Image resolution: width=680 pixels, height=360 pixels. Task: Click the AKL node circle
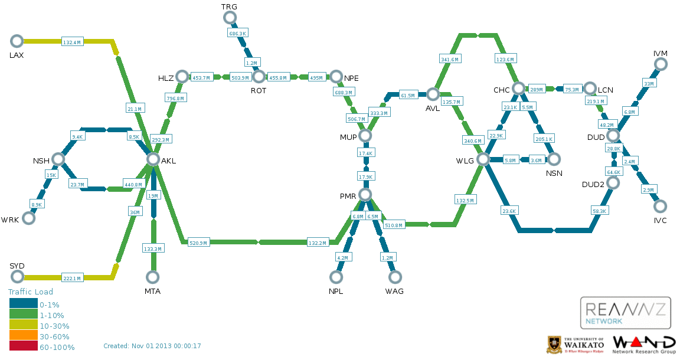click(153, 159)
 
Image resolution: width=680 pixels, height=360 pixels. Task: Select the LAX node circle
click(17, 41)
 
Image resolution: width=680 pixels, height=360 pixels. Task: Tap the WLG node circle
click(483, 159)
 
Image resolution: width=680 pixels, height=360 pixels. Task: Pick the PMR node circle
click(365, 195)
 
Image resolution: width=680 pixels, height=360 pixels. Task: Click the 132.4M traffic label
click(72, 42)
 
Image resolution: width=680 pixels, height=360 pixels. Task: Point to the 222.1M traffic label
click(72, 278)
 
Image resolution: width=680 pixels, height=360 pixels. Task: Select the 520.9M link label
click(198, 243)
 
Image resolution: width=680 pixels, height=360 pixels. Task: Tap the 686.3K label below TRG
click(237, 34)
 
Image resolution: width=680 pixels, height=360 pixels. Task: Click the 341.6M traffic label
click(450, 59)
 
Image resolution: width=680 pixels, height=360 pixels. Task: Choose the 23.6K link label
click(509, 211)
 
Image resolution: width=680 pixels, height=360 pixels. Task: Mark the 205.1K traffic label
click(544, 139)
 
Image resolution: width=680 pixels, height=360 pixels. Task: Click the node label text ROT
click(259, 91)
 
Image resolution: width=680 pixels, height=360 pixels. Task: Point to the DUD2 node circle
click(613, 183)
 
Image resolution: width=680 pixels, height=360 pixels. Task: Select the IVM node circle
click(661, 65)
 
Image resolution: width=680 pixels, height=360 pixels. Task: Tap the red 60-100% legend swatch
click(23, 347)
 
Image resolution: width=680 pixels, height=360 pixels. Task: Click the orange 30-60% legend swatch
click(23, 336)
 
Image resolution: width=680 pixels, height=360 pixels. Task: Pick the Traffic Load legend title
click(30, 292)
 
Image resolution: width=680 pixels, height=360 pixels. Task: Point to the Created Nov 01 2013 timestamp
click(152, 346)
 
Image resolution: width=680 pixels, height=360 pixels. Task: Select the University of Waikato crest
click(554, 345)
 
